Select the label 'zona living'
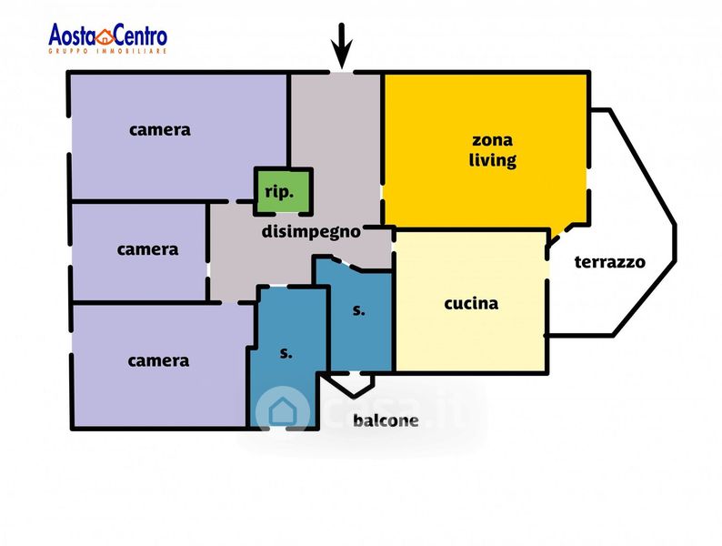[x=492, y=151]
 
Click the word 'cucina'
[x=471, y=304]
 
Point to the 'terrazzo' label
[x=609, y=262]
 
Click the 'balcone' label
[x=386, y=420]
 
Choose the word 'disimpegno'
[x=311, y=231]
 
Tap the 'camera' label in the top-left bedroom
[x=160, y=129]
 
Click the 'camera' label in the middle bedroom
[x=147, y=249]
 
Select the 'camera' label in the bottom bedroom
[x=158, y=361]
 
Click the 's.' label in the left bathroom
[x=286, y=353]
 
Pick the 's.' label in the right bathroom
[x=358, y=310]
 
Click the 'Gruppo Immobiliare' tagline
[x=107, y=50]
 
